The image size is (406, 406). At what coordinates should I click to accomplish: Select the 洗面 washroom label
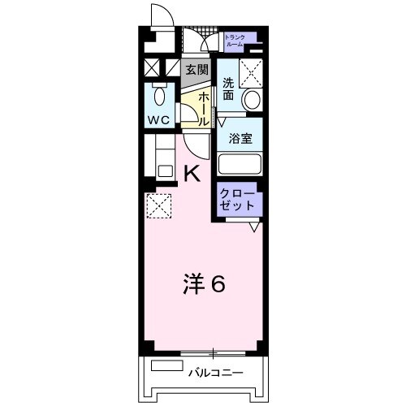[x=228, y=89]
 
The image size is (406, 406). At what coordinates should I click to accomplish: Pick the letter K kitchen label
[x=192, y=172]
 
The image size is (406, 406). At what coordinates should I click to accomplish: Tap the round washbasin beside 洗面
[x=253, y=100]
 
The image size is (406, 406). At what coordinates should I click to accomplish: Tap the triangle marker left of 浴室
[x=219, y=123]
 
